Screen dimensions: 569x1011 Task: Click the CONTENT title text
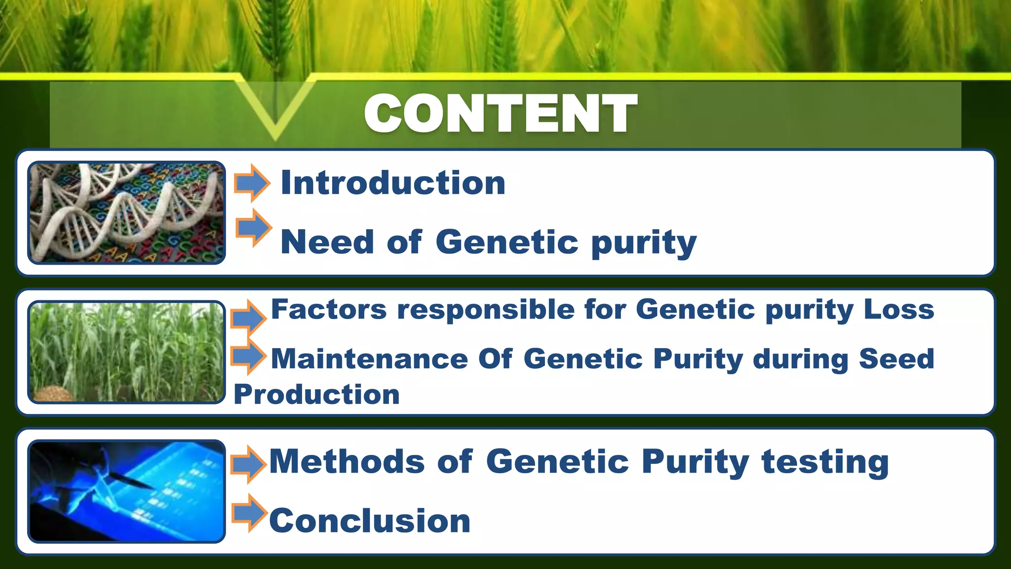click(501, 114)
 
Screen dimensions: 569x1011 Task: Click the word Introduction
click(393, 183)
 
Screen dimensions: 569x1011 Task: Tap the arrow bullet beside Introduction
click(252, 183)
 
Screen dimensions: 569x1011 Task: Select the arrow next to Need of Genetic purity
click(253, 228)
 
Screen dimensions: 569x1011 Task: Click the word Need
click(327, 242)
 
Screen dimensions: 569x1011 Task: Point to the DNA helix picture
click(126, 212)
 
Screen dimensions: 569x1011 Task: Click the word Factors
click(329, 310)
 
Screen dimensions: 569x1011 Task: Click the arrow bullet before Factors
click(248, 317)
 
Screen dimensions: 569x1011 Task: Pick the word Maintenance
click(369, 359)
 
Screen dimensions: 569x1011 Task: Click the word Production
click(316, 395)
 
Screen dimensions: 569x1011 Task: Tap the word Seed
click(896, 359)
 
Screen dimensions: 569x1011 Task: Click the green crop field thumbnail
click(126, 352)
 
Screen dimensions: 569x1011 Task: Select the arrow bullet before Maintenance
click(248, 356)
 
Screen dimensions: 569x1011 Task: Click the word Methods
click(347, 461)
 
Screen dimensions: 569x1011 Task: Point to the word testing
click(825, 461)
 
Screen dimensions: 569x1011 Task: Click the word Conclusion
click(370, 521)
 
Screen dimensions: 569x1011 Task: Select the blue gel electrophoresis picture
click(126, 491)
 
